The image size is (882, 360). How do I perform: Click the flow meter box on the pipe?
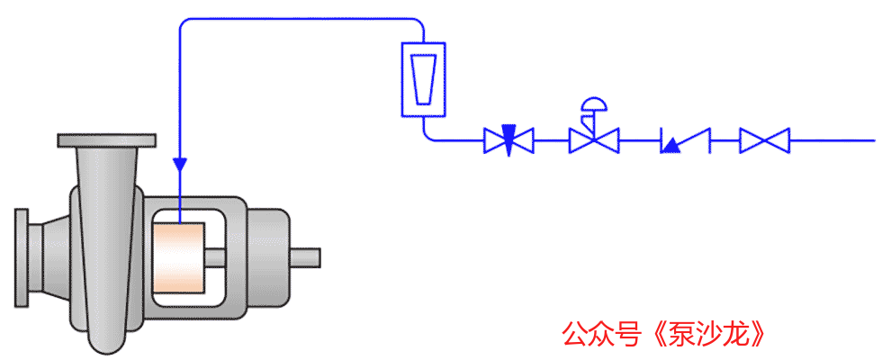click(423, 79)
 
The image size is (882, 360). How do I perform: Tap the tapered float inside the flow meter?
click(423, 79)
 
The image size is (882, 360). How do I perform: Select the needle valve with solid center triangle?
click(508, 140)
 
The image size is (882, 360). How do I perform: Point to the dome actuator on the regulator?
click(594, 105)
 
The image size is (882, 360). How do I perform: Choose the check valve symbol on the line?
click(685, 140)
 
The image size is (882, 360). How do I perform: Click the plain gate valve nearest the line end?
click(764, 140)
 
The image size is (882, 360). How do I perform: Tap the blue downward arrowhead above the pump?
click(180, 164)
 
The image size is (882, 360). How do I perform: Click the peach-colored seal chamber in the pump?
click(178, 257)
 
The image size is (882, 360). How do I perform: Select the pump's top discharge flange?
click(107, 140)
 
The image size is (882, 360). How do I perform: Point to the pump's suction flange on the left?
click(22, 257)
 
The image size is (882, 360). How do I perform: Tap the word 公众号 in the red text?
click(601, 335)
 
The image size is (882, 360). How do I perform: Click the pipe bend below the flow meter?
click(427, 135)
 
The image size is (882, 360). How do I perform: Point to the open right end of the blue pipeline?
click(875, 140)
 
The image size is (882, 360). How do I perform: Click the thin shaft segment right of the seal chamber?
click(215, 257)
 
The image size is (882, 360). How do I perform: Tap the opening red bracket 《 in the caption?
click(653, 335)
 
